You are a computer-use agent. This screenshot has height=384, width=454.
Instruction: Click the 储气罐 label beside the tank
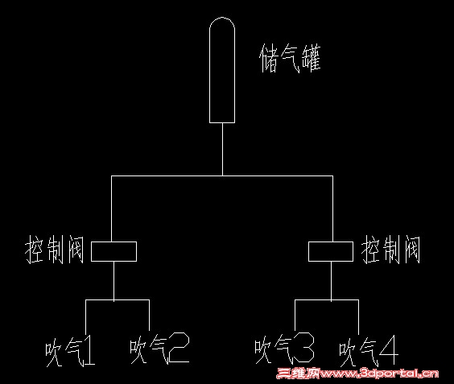pyautogui.click(x=290, y=59)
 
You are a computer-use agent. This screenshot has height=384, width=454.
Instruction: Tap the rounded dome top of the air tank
pyautogui.click(x=222, y=18)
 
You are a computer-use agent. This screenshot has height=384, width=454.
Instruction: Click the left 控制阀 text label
pyautogui.click(x=55, y=250)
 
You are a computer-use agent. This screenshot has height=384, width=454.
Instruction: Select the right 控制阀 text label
pyautogui.click(x=390, y=250)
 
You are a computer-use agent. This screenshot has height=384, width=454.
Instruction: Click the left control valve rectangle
pyautogui.click(x=113, y=242)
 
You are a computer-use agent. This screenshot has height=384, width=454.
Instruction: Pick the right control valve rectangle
pyautogui.click(x=331, y=242)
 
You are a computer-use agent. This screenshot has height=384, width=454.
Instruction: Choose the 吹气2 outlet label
pyautogui.click(x=159, y=348)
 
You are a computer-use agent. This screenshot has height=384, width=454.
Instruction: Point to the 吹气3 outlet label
pyautogui.click(x=284, y=348)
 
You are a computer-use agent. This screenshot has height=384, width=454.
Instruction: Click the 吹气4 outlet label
pyautogui.click(x=369, y=352)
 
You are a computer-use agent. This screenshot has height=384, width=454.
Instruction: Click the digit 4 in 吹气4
pyautogui.click(x=389, y=351)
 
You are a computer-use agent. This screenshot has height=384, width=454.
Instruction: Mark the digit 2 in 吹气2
pyautogui.click(x=179, y=348)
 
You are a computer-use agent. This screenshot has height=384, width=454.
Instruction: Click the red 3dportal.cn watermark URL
pyautogui.click(x=378, y=374)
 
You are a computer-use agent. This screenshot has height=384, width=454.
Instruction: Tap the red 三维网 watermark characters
pyautogui.click(x=297, y=374)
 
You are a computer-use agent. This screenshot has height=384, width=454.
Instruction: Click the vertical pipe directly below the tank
pyautogui.click(x=222, y=149)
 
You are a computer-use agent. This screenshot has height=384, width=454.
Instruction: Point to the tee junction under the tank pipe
pyautogui.click(x=222, y=175)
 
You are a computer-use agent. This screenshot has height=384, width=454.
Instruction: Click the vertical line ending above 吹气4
pyautogui.click(x=358, y=317)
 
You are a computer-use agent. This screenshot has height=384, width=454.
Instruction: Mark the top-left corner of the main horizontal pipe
pyautogui.click(x=111, y=175)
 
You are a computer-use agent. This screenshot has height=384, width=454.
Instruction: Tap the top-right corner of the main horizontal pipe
pyautogui.click(x=332, y=175)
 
